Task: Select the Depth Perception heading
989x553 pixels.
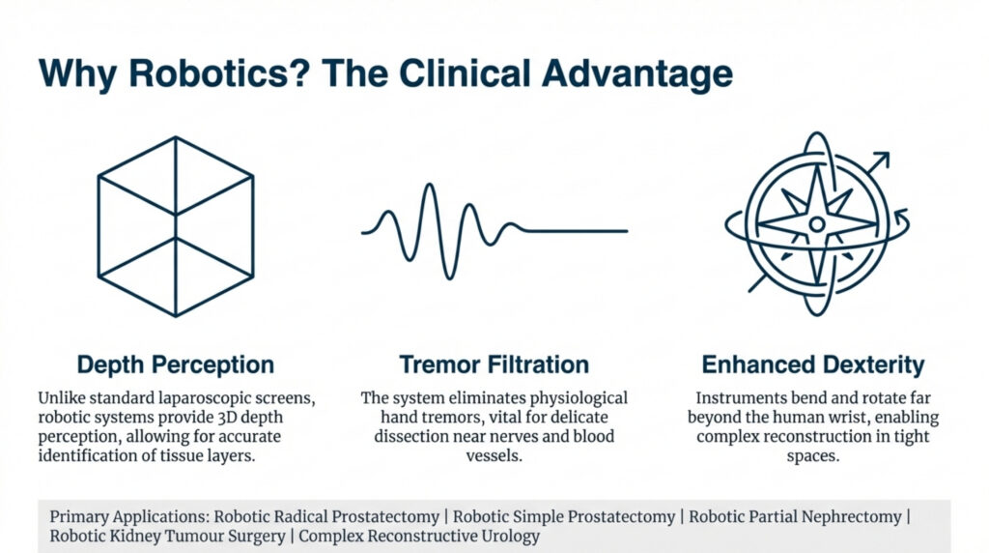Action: pyautogui.click(x=176, y=364)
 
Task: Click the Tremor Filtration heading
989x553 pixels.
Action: pyautogui.click(x=494, y=364)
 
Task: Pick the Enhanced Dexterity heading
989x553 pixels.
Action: pyautogui.click(x=813, y=364)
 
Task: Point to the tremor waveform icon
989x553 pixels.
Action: pyautogui.click(x=494, y=231)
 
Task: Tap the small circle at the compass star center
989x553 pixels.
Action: pyautogui.click(x=817, y=223)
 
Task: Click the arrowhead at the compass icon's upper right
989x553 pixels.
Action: pyautogui.click(x=882, y=160)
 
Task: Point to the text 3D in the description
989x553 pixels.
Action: pyautogui.click(x=226, y=418)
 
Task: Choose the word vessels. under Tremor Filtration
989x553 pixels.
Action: pyautogui.click(x=494, y=455)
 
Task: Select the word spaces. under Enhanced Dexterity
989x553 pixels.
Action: pyautogui.click(x=813, y=456)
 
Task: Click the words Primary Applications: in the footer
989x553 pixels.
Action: pyautogui.click(x=129, y=517)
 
